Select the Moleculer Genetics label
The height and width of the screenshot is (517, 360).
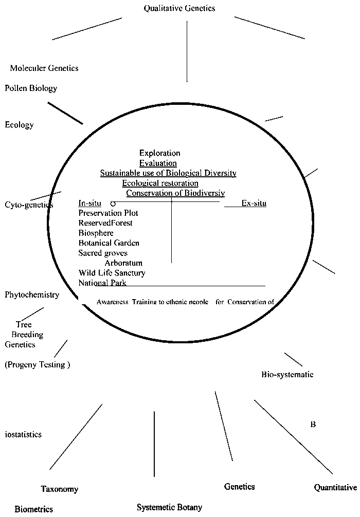(44, 68)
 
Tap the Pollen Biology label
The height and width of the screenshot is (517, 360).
(31, 88)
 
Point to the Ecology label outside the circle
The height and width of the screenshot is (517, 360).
(19, 124)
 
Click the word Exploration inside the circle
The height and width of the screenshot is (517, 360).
(160, 153)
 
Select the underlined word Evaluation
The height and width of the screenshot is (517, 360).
(158, 163)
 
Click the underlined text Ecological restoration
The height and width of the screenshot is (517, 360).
(160, 183)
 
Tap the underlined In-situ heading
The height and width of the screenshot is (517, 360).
(90, 203)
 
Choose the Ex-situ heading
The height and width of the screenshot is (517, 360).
(254, 203)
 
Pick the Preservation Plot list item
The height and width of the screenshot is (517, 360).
(108, 213)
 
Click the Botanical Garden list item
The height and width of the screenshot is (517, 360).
(109, 243)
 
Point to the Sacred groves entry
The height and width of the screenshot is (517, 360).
(103, 253)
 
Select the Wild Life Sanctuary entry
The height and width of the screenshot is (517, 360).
(112, 273)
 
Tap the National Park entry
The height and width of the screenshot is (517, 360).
(102, 283)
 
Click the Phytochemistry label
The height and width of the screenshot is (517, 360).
(32, 294)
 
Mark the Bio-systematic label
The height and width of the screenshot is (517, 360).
(287, 374)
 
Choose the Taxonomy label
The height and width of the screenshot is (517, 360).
(60, 489)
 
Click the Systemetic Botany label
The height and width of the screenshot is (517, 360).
(169, 507)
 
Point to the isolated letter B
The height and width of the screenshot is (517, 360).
(313, 424)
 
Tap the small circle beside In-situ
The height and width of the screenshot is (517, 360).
(113, 204)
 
